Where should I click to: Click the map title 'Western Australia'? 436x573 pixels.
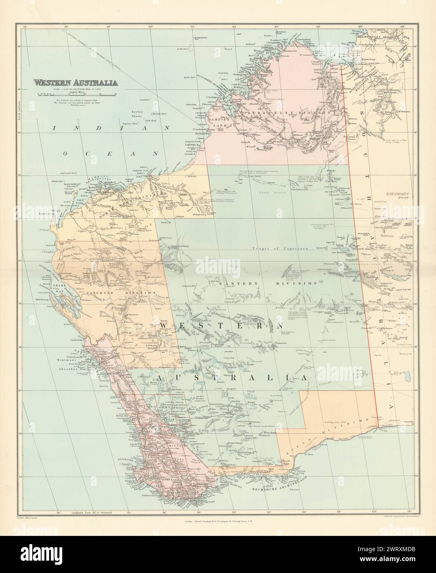(x=75, y=82)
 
